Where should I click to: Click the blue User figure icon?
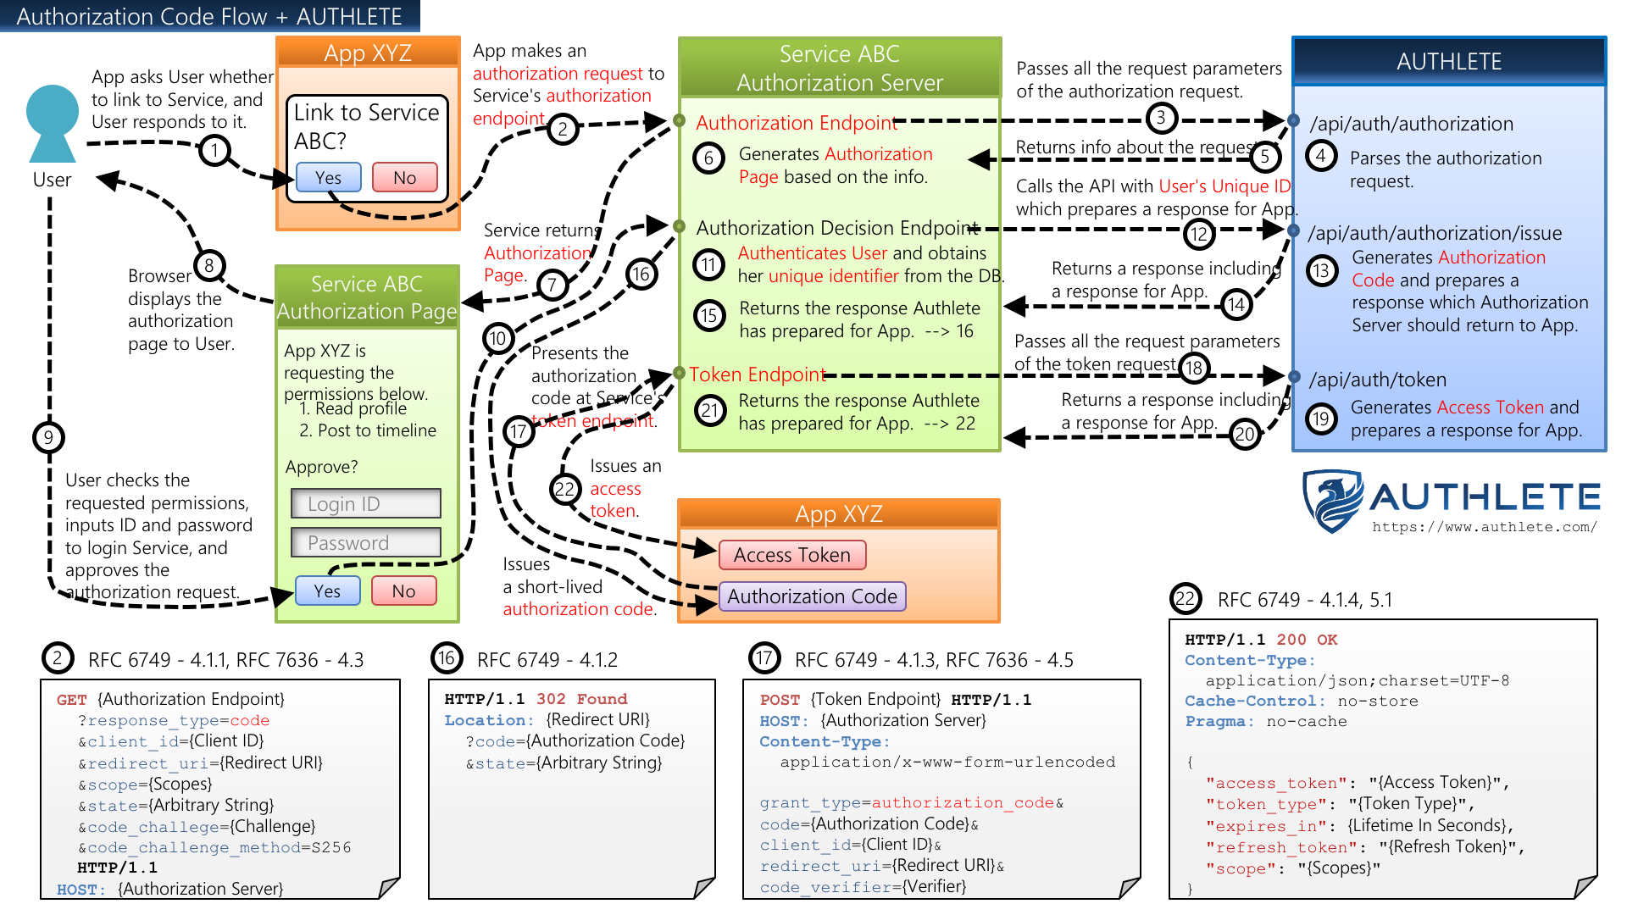(x=53, y=124)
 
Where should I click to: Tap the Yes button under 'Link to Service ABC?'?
(x=329, y=178)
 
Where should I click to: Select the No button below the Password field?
(x=404, y=591)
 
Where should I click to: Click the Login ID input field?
(x=366, y=503)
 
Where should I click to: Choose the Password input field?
(x=366, y=543)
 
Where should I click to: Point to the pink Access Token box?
(x=792, y=555)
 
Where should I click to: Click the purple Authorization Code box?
(x=812, y=596)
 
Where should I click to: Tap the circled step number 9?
(x=48, y=437)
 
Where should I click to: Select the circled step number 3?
(x=1161, y=118)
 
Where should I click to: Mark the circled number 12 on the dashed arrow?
(x=1199, y=234)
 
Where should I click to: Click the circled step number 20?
(x=1244, y=435)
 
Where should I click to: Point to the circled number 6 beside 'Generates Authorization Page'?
(x=709, y=158)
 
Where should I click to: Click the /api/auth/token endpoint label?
(x=1377, y=380)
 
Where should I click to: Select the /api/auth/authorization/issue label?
(x=1434, y=233)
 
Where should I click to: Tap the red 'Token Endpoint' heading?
(x=757, y=374)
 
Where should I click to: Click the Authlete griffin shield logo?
(x=1332, y=500)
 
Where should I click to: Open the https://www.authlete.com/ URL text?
(x=1484, y=527)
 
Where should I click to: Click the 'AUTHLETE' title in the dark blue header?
(x=1449, y=62)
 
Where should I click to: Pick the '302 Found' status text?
(x=581, y=699)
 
